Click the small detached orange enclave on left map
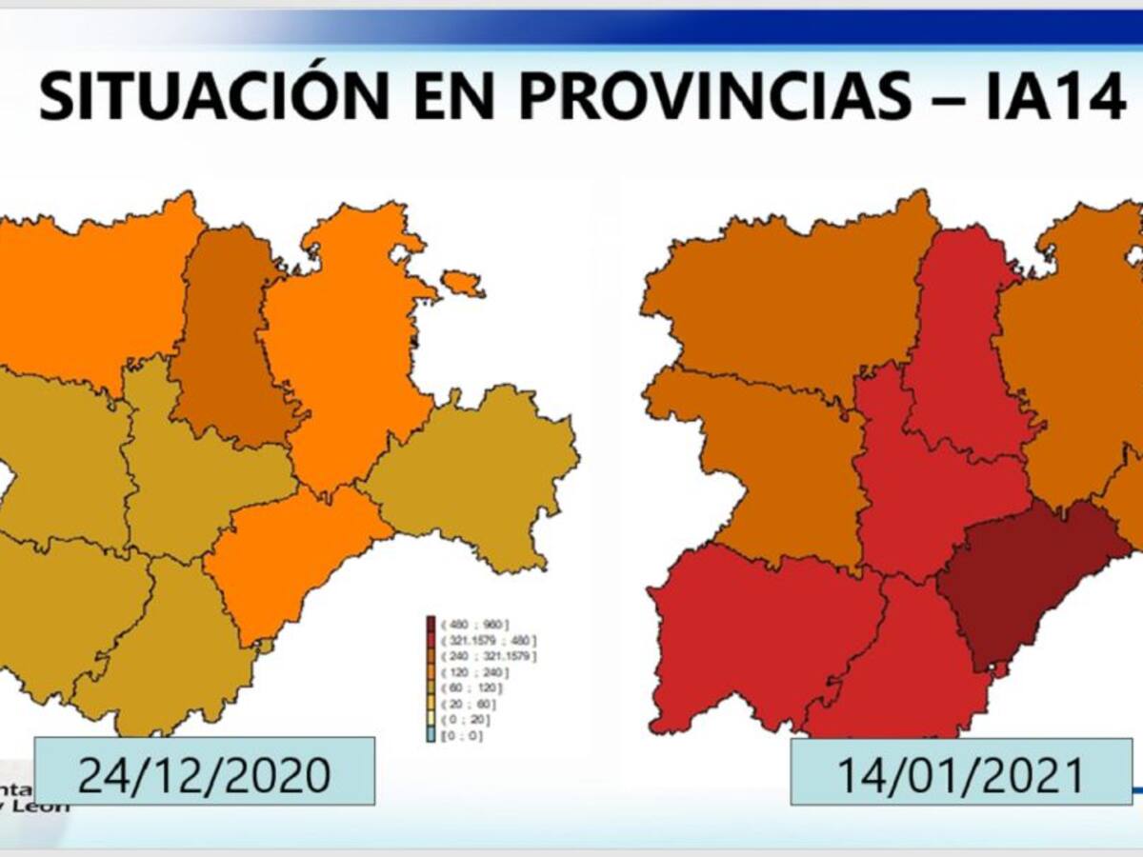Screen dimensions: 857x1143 pyautogui.click(x=463, y=283)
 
